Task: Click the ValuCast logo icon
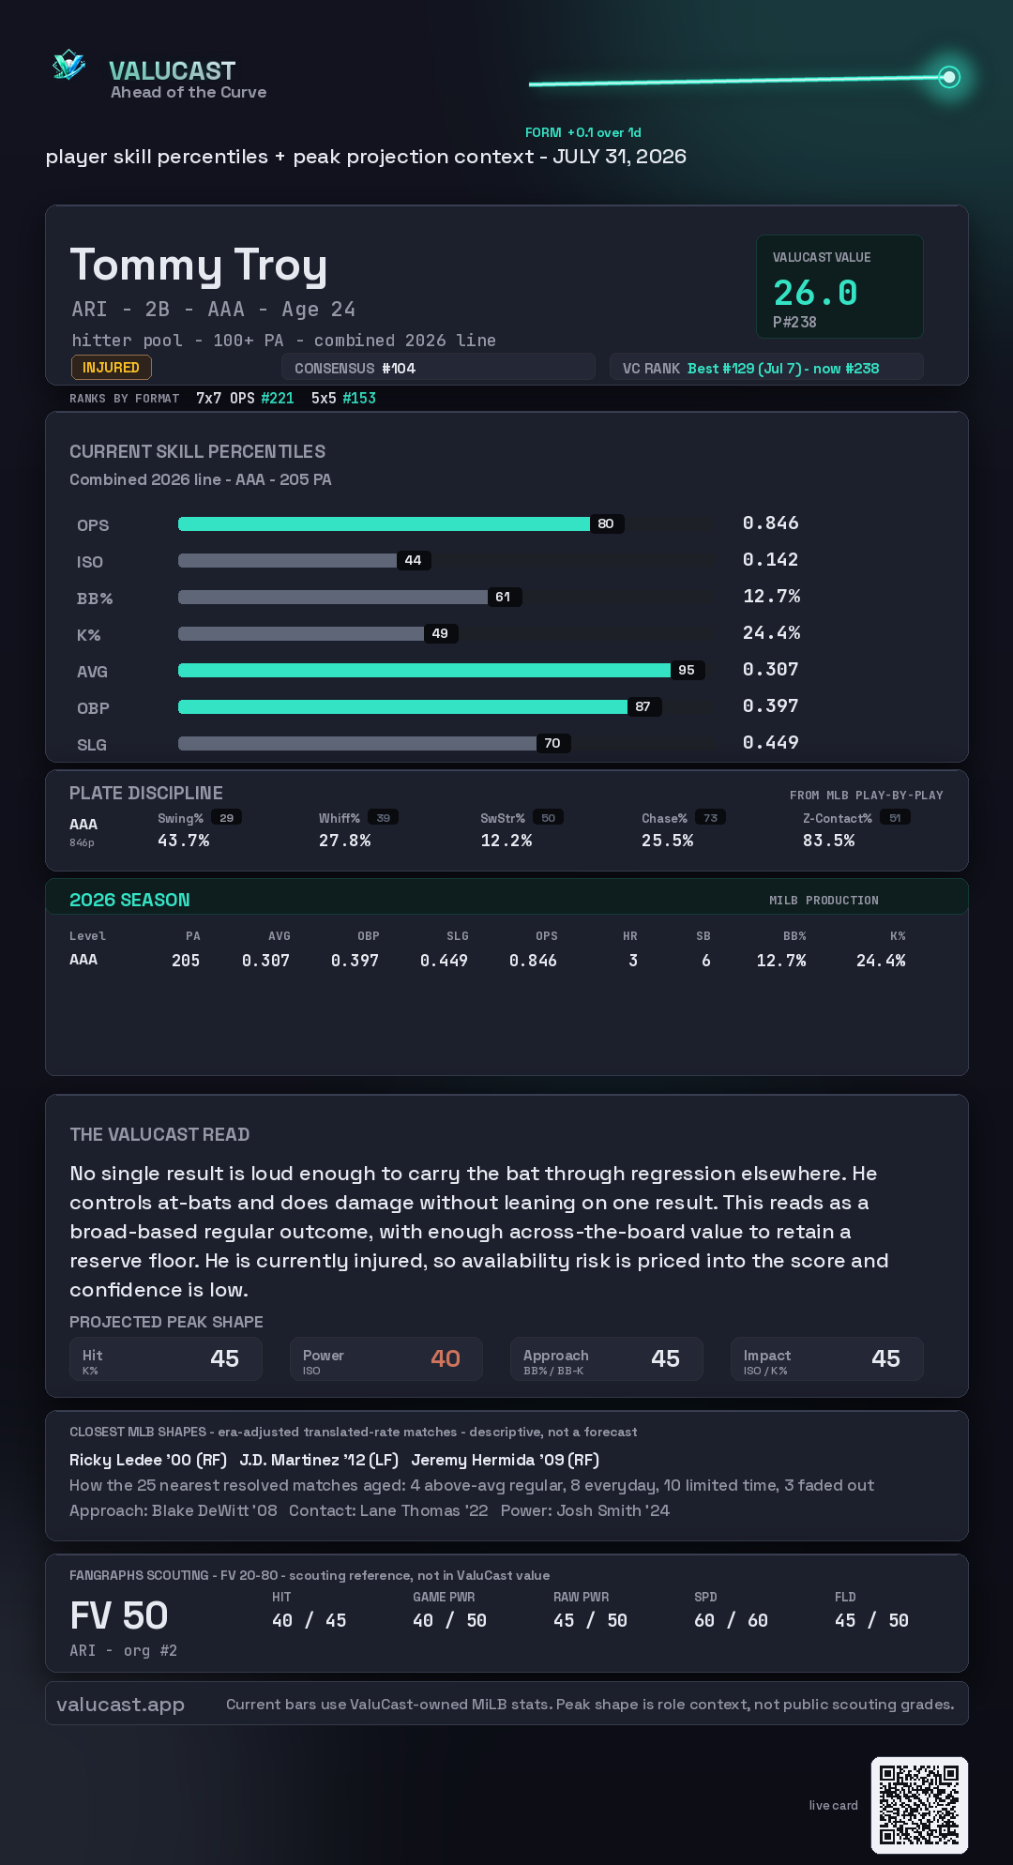[x=68, y=65]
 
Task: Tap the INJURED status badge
[x=111, y=368]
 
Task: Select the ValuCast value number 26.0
[x=815, y=293]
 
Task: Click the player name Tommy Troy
[x=199, y=265]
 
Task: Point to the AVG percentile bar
[x=424, y=670]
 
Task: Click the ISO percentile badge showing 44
[x=414, y=560]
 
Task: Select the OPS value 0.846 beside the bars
[x=771, y=523]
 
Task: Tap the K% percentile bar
[x=301, y=633]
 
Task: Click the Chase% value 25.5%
[x=668, y=841]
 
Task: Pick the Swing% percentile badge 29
[x=227, y=818]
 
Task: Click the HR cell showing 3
[x=633, y=961]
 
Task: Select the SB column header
[x=703, y=936]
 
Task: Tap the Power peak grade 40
[x=446, y=1358]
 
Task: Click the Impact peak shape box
[x=827, y=1358]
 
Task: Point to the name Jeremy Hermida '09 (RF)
[x=506, y=1460]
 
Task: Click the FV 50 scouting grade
[x=119, y=1615]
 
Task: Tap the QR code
[x=919, y=1805]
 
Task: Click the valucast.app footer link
[x=120, y=1705]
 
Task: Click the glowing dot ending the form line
[x=949, y=77]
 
